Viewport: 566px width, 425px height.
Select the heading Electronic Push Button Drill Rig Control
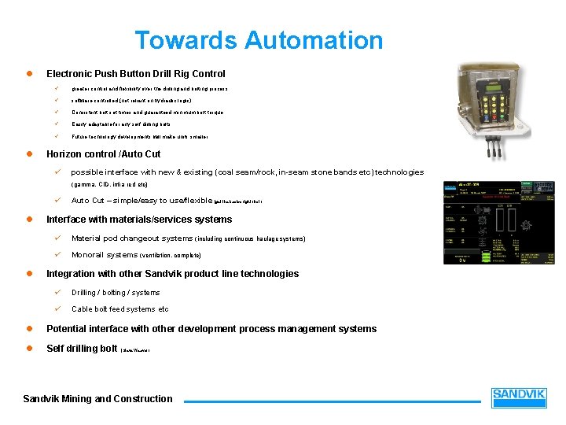click(x=136, y=74)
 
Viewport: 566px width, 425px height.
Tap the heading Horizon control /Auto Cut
click(x=104, y=154)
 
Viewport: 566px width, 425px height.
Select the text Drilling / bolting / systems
click(x=116, y=293)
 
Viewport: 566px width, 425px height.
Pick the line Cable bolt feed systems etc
click(x=119, y=309)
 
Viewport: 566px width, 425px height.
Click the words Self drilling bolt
click(x=82, y=348)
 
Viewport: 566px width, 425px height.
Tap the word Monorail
click(x=88, y=255)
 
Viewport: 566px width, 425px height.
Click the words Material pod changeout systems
click(x=132, y=238)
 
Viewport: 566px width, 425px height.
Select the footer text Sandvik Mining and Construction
click(x=97, y=399)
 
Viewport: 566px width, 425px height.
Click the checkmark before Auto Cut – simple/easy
click(x=57, y=201)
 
